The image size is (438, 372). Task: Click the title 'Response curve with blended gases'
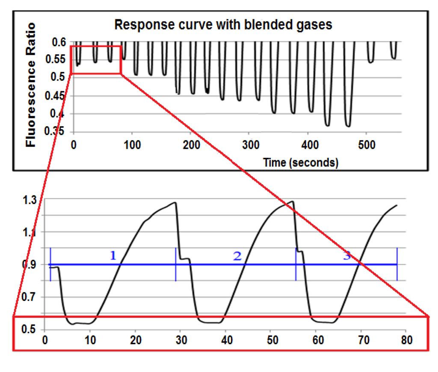(x=223, y=25)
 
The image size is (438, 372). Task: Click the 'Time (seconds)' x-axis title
(x=301, y=162)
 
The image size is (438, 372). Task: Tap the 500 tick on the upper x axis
(x=366, y=145)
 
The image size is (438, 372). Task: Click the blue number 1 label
(x=113, y=256)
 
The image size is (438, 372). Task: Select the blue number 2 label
(x=237, y=256)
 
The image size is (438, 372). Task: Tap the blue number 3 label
(x=347, y=256)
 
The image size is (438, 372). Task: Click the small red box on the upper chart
(x=95, y=59)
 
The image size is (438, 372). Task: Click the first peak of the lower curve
(x=175, y=203)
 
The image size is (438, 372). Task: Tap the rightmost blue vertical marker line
(x=397, y=264)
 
